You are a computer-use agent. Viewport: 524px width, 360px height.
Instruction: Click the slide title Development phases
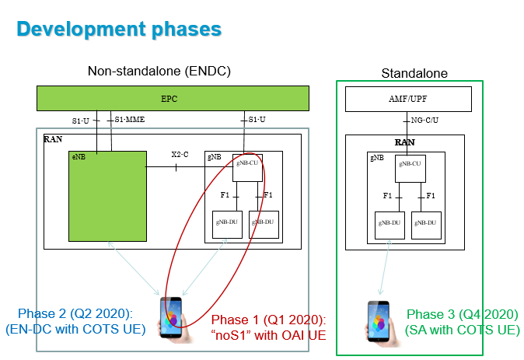(119, 30)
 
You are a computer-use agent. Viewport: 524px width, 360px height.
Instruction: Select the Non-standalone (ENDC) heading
(159, 72)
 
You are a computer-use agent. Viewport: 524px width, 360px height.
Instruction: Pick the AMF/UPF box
(408, 99)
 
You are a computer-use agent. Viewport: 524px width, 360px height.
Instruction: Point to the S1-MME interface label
(129, 119)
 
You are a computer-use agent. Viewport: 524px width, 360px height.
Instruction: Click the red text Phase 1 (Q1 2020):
(267, 320)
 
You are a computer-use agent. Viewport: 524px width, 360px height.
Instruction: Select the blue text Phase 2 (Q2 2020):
(75, 313)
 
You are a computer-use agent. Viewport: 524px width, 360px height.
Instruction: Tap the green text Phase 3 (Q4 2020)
(461, 314)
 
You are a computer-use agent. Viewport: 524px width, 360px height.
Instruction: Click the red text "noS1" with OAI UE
(267, 335)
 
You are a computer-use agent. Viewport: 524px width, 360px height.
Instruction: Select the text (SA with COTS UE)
(462, 330)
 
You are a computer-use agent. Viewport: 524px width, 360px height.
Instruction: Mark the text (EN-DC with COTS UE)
(75, 329)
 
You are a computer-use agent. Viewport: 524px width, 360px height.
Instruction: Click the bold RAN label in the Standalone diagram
(404, 142)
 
